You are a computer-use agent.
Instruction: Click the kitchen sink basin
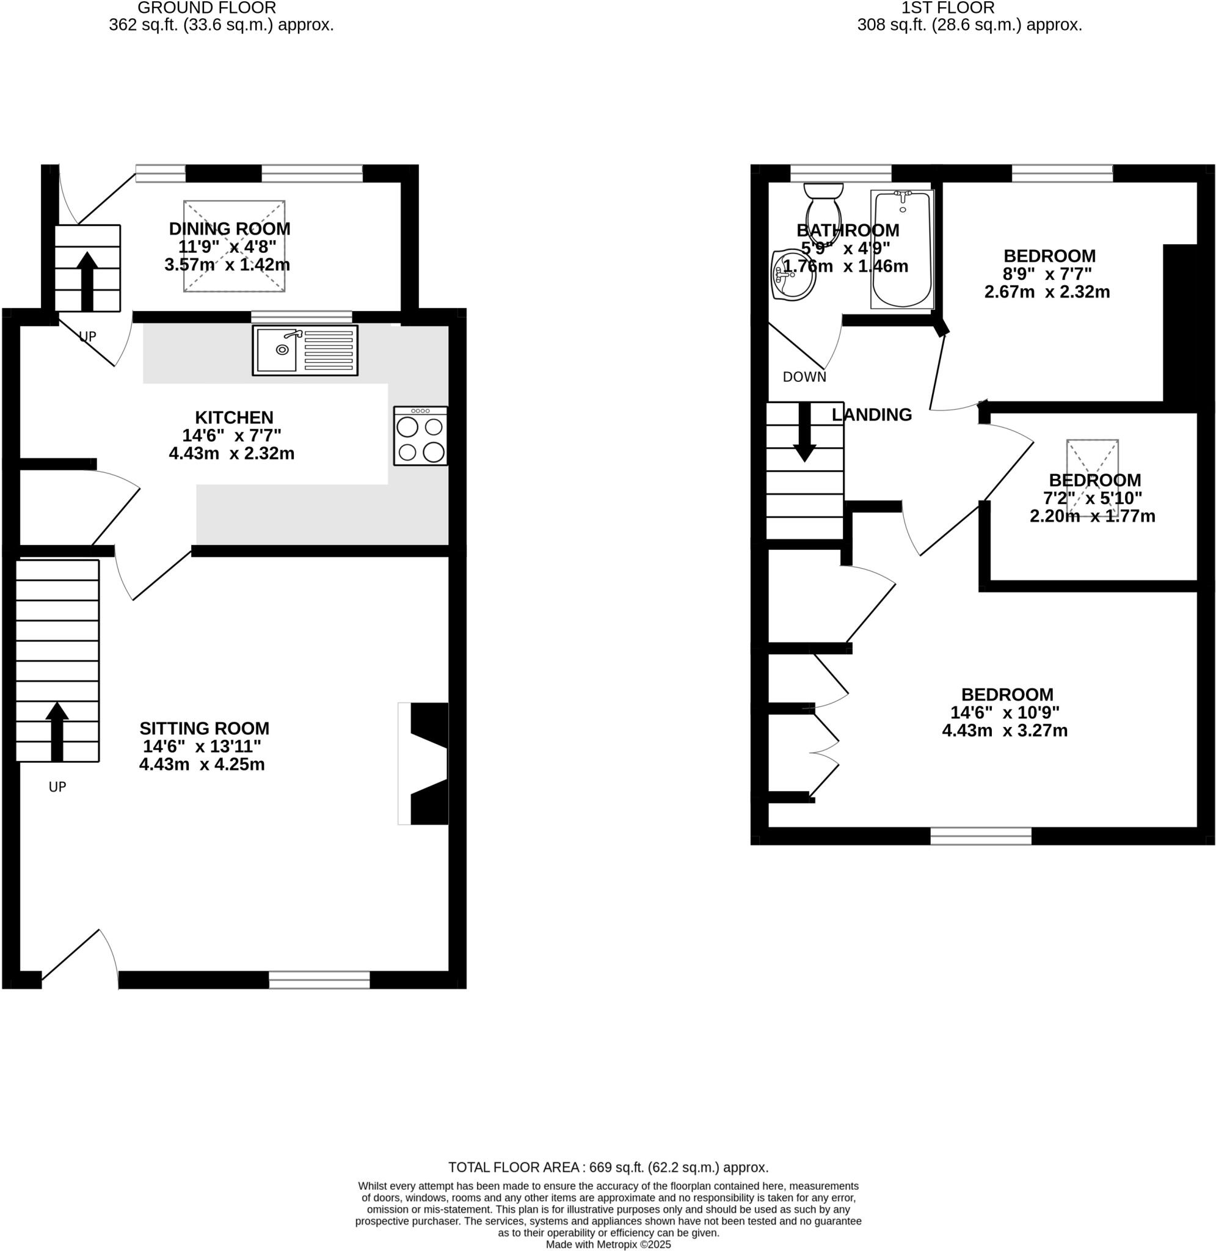coord(277,350)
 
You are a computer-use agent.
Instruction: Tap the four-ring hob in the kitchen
coord(420,436)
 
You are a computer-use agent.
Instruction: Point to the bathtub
coord(902,249)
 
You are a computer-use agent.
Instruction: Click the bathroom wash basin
coord(793,275)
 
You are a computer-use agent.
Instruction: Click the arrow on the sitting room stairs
coord(57,731)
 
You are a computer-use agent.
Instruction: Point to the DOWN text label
coord(804,377)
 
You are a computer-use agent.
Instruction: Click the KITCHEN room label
coord(234,418)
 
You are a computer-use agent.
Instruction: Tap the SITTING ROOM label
coord(205,728)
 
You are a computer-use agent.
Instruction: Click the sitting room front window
coord(319,980)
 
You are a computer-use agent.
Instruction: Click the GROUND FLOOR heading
coord(206,9)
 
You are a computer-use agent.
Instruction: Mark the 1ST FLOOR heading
coord(947,9)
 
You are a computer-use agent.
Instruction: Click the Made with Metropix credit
coord(608,1245)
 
